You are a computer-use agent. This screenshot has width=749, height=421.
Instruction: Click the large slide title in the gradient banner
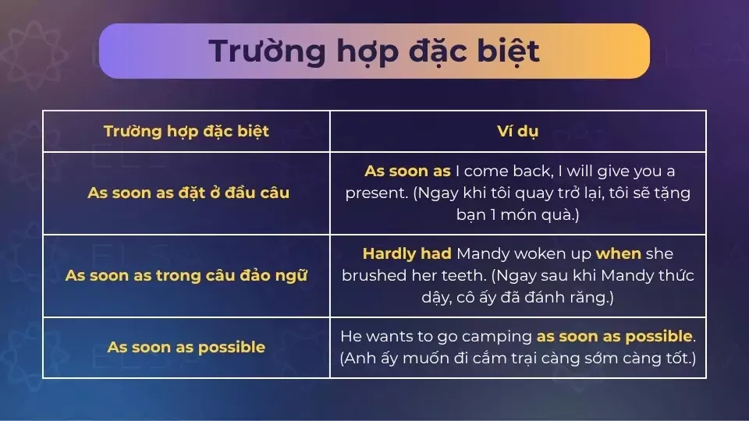click(374, 51)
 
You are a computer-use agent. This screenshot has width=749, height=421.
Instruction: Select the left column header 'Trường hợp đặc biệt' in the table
click(186, 131)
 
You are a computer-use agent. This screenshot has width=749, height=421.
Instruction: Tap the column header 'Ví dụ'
click(517, 131)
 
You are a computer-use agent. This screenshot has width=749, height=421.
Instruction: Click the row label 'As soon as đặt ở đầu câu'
click(188, 193)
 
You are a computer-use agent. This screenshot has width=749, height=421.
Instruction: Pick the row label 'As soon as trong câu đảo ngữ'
click(186, 276)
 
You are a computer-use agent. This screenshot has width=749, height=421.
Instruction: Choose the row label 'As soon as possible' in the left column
click(186, 347)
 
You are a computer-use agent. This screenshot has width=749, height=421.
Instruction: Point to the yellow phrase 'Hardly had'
click(406, 254)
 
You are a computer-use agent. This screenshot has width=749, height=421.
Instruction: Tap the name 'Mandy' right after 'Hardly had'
click(481, 254)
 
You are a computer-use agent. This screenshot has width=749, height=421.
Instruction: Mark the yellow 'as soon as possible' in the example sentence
click(614, 337)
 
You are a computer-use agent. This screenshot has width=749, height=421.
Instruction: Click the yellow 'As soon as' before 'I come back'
click(407, 171)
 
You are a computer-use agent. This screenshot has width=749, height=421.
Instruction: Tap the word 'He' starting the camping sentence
click(350, 337)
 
